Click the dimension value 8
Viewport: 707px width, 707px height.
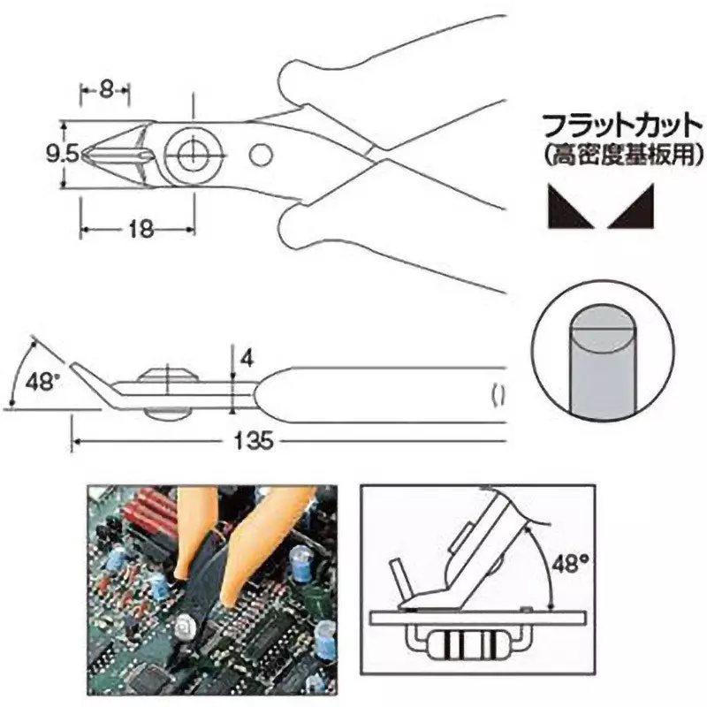point(105,91)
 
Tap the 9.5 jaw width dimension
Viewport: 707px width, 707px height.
point(62,155)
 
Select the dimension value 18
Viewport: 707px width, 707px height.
point(141,230)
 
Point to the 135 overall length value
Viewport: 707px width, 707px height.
point(254,440)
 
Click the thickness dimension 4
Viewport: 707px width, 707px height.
point(247,360)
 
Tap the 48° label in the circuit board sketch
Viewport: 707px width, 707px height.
point(570,563)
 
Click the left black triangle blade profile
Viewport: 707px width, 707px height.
point(570,206)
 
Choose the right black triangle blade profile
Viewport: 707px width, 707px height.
point(630,206)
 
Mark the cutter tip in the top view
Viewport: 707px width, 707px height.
point(83,155)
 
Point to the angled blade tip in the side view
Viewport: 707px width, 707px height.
point(72,363)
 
